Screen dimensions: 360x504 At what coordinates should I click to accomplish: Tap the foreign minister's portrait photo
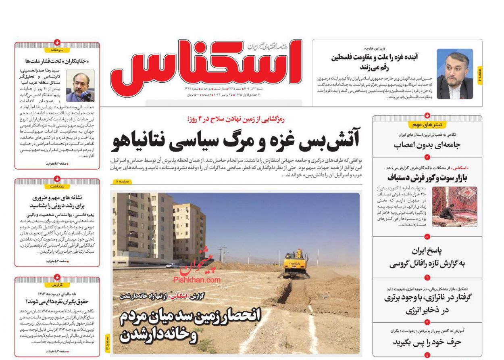tap(455, 74)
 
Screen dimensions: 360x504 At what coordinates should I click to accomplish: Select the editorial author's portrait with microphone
tap(80, 86)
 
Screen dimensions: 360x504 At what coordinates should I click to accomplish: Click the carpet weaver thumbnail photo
tap(454, 207)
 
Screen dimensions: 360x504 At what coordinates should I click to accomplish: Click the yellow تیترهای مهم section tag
tap(427, 125)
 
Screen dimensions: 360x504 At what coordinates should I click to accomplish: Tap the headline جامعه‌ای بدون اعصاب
tap(427, 145)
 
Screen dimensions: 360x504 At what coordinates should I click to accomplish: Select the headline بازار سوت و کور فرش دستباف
tap(427, 178)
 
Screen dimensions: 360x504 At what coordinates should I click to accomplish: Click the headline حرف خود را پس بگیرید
tap(427, 342)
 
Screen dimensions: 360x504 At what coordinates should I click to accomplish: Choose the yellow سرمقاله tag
tap(57, 50)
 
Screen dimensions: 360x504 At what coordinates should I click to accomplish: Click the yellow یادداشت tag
tap(57, 186)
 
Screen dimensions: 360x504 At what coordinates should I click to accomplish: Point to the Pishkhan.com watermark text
tap(197, 280)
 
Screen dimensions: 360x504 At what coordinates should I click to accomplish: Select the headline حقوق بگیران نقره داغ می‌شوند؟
tap(57, 301)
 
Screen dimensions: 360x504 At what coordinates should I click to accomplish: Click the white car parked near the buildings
tap(172, 265)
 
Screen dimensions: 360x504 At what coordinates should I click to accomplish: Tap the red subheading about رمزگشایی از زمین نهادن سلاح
tap(235, 119)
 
